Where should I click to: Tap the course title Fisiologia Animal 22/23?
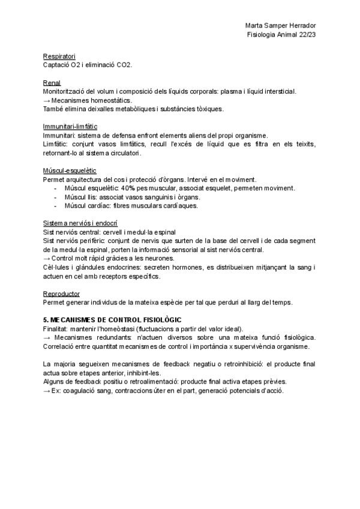(282, 35)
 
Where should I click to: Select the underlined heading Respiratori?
(59, 56)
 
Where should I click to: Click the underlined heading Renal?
(52, 83)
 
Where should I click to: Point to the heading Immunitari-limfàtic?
(70, 127)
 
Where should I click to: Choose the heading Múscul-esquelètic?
(70, 171)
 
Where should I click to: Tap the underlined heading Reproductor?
(62, 294)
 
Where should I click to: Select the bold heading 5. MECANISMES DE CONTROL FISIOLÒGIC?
(112, 320)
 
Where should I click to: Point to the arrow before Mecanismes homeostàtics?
(47, 100)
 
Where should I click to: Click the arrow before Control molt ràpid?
(47, 259)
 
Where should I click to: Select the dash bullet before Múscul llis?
(56, 197)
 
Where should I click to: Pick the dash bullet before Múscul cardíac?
(56, 206)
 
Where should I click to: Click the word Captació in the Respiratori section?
(56, 65)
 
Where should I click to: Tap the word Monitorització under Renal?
(67, 91)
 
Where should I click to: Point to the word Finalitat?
(56, 329)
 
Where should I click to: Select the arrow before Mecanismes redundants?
(47, 337)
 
